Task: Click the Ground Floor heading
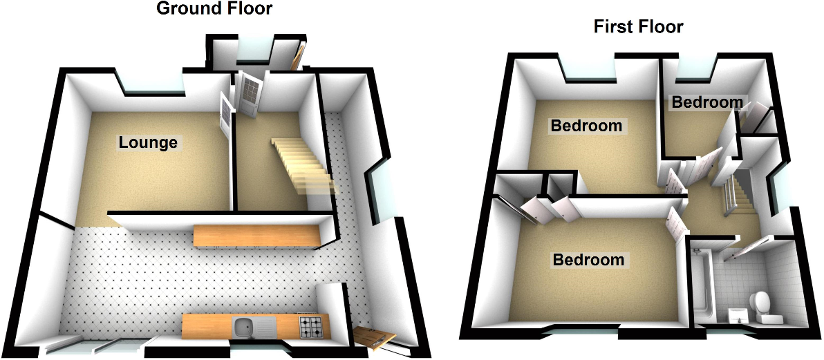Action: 214,9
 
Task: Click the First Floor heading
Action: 638,27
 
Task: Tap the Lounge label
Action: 148,143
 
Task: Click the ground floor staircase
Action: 301,163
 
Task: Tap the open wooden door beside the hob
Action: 375,337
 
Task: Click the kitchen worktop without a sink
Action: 257,236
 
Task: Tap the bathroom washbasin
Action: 736,315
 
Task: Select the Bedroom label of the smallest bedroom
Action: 707,103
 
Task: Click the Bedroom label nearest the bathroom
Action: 588,260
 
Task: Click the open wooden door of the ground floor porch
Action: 298,57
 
